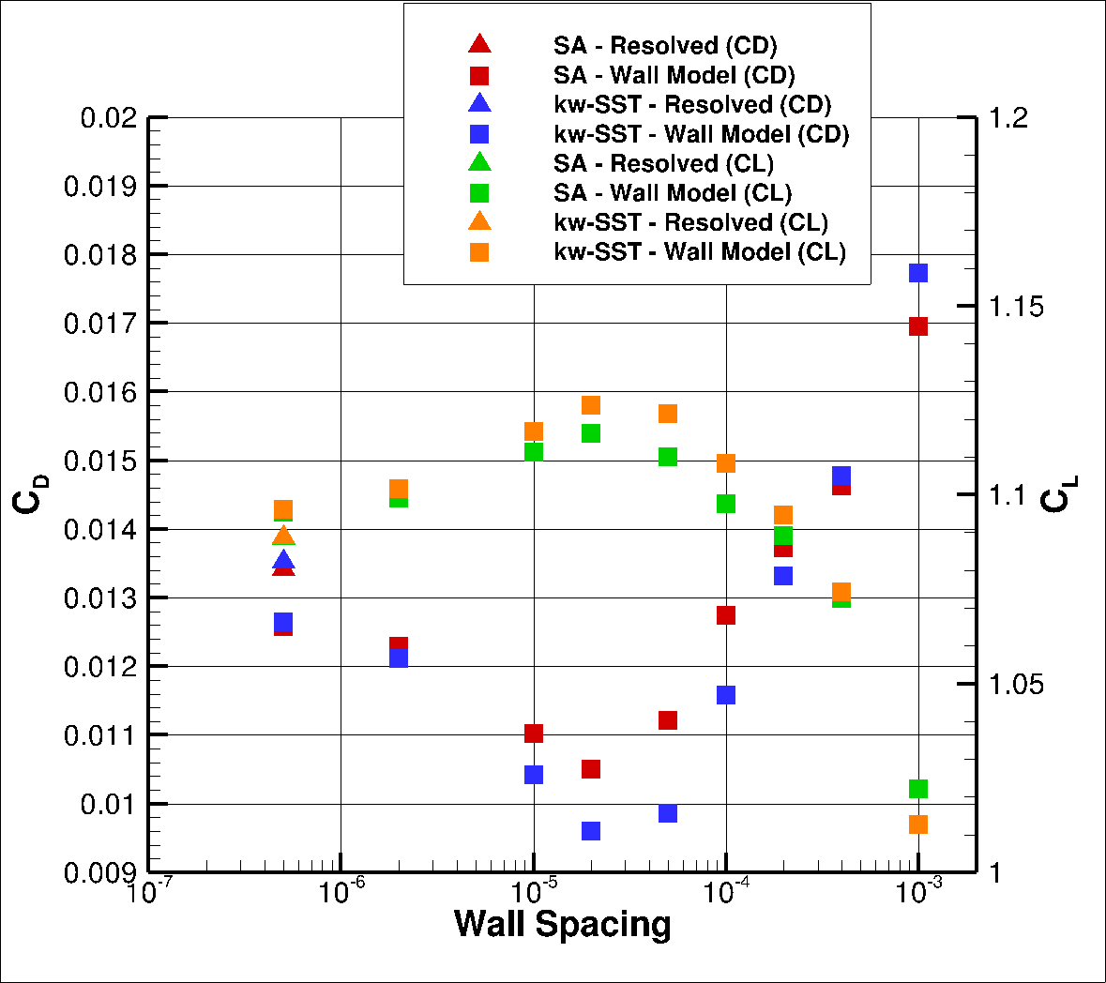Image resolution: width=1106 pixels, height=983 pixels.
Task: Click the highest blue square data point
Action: click(x=918, y=273)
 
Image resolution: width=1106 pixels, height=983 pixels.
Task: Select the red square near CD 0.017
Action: click(x=918, y=326)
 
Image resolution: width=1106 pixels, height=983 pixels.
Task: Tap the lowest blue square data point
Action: click(x=591, y=831)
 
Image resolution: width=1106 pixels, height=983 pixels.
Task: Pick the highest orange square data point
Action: click(x=591, y=405)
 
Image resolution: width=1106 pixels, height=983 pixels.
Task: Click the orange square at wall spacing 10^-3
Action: click(x=918, y=824)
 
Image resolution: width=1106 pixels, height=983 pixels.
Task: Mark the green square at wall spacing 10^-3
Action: click(x=918, y=789)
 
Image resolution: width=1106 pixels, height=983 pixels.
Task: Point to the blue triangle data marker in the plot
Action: click(x=283, y=561)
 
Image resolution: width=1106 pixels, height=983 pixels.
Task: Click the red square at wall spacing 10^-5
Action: click(x=534, y=733)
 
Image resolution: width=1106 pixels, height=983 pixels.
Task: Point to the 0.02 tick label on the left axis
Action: click(x=109, y=118)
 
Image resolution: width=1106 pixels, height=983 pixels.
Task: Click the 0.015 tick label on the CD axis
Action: click(x=100, y=461)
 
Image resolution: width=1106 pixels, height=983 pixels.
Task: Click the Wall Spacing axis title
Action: click(x=562, y=925)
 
